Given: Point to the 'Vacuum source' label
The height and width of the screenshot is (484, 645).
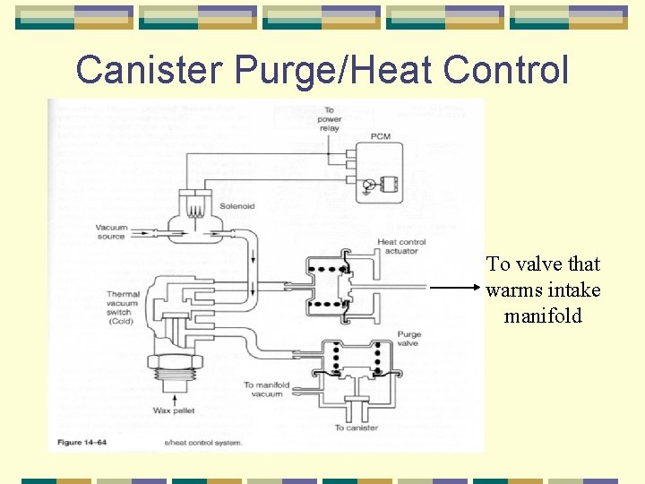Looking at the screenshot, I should click(112, 232).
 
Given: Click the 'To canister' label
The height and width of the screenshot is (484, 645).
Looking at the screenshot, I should click(357, 428).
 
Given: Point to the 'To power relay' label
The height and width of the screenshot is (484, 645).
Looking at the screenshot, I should click(329, 119).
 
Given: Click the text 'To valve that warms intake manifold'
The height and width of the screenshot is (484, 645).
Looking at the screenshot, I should click(543, 290).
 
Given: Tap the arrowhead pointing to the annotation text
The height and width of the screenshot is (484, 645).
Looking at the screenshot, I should click(477, 289).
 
